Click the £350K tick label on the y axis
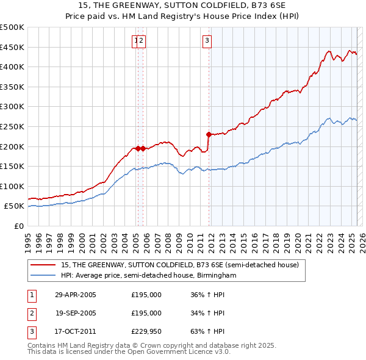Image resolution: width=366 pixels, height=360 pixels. [x=13, y=87]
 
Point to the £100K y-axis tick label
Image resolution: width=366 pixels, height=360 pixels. [x=13, y=186]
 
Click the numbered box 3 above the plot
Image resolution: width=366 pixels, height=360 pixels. [x=207, y=41]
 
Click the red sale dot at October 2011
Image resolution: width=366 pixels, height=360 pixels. [x=209, y=134]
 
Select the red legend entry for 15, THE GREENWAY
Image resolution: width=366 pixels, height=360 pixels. [x=179, y=265]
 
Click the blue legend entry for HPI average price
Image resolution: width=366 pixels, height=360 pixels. [x=148, y=276]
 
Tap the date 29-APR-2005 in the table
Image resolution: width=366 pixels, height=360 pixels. [x=75, y=295]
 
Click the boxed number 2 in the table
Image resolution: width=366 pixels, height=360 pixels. [x=31, y=313]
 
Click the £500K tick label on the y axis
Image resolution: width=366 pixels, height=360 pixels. [x=13, y=27]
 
